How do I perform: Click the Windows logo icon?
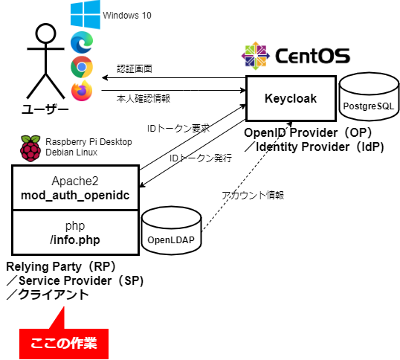pyautogui.click(x=86, y=15)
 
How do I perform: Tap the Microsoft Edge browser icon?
pyautogui.click(x=82, y=42)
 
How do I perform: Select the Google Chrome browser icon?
pyautogui.click(x=82, y=67)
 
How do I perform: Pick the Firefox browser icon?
pyautogui.click(x=82, y=91)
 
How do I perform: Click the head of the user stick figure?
pyautogui.click(x=45, y=33)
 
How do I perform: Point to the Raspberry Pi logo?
pyautogui.click(x=30, y=149)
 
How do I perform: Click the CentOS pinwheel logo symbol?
pyautogui.click(x=256, y=56)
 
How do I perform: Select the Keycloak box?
pyautogui.click(x=291, y=98)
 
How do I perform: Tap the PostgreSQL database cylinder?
pyautogui.click(x=369, y=97)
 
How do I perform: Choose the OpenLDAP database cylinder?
pyautogui.click(x=172, y=231)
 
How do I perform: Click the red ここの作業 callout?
pyautogui.click(x=64, y=343)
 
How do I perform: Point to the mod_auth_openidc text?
pyautogui.click(x=75, y=195)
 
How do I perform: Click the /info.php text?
pyautogui.click(x=75, y=240)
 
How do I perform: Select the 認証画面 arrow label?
pyautogui.click(x=135, y=68)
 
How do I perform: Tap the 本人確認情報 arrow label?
pyautogui.click(x=143, y=98)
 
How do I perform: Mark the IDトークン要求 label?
pyautogui.click(x=178, y=128)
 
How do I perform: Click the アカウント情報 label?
pyautogui.click(x=253, y=195)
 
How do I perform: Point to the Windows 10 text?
pyautogui.click(x=127, y=16)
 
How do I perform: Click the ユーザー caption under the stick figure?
pyautogui.click(x=45, y=109)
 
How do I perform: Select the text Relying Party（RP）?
pyautogui.click(x=61, y=266)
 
